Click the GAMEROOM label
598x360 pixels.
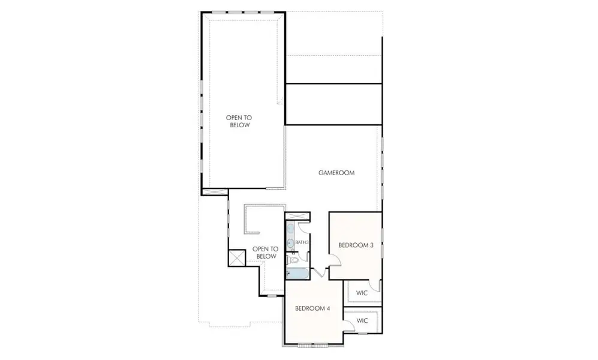point(336,173)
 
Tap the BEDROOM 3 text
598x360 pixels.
point(356,245)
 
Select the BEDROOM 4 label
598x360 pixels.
point(312,308)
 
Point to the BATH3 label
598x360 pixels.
point(302,242)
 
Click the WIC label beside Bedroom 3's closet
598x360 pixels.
point(362,293)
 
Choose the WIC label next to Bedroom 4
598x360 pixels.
point(362,320)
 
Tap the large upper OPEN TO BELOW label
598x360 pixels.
point(238,122)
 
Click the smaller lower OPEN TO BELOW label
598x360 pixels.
point(265,253)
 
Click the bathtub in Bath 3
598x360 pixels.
point(297,274)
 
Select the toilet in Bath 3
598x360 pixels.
point(293,259)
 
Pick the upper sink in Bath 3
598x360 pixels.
point(292,229)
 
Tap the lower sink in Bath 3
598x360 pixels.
point(292,243)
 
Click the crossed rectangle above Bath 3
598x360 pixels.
point(297,217)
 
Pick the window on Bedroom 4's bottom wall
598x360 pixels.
point(313,344)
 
